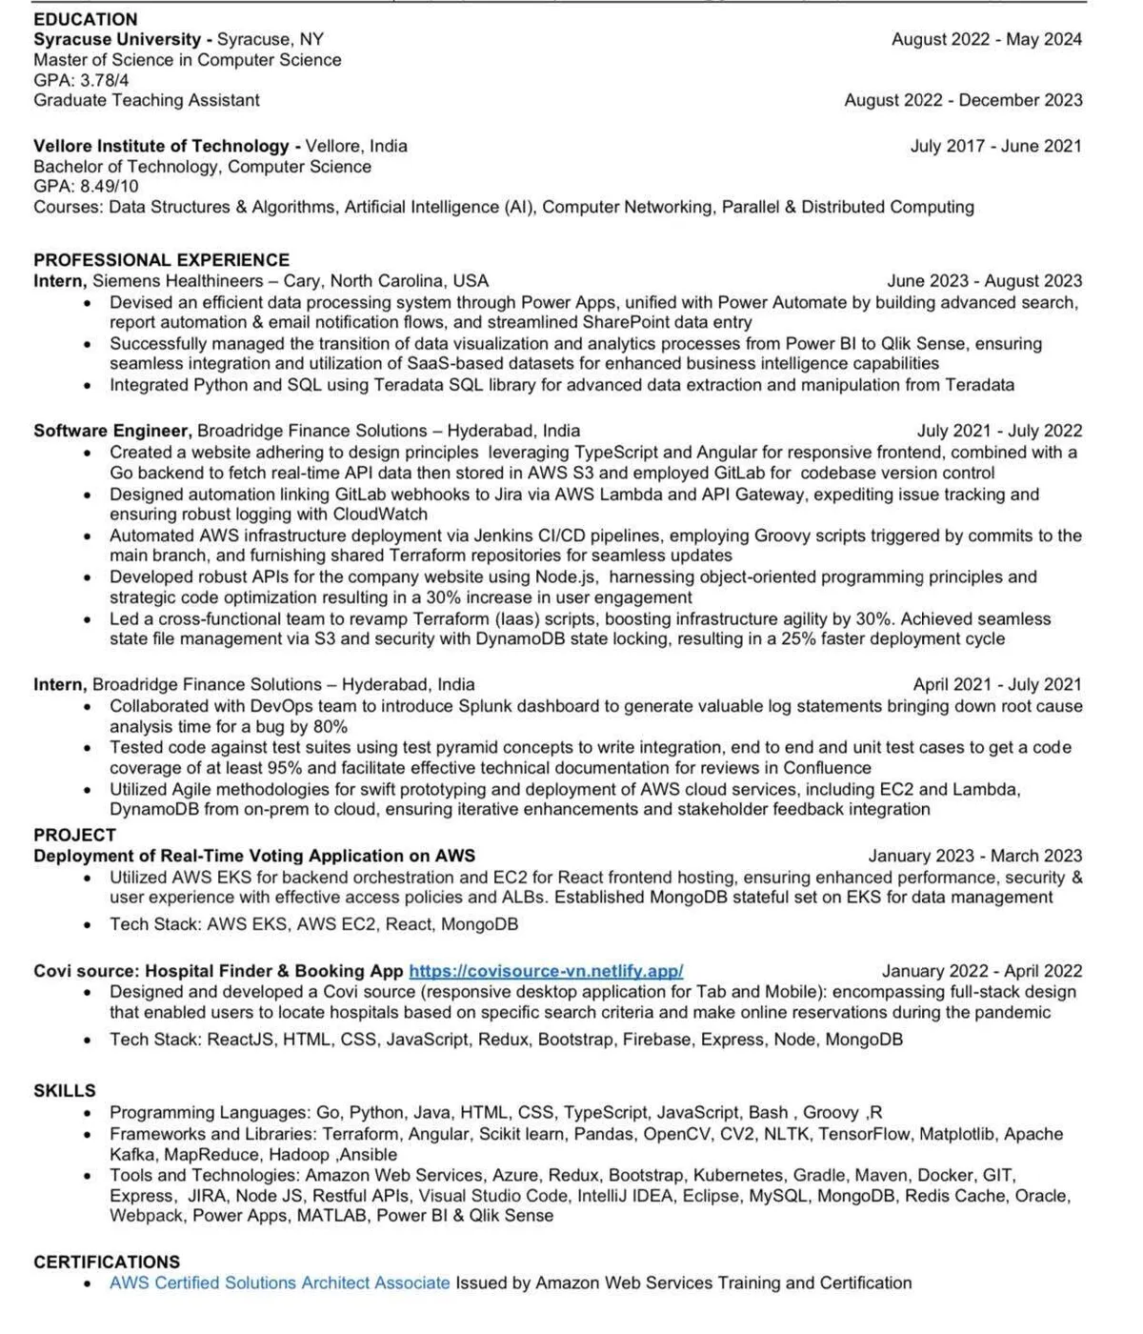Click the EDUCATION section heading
(x=86, y=19)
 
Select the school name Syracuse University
(x=117, y=40)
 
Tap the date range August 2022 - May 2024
(x=986, y=40)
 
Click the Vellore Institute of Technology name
(x=161, y=147)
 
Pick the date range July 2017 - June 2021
(x=995, y=147)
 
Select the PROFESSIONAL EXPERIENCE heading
(x=161, y=260)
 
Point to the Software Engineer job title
(x=112, y=431)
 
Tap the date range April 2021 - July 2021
(x=997, y=685)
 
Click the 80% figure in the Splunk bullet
(x=330, y=727)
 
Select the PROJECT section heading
(x=74, y=836)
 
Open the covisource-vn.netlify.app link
(x=546, y=971)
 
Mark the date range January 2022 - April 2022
(x=981, y=971)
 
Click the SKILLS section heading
(x=65, y=1091)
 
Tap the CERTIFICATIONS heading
(x=107, y=1263)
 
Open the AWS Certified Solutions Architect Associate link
(x=279, y=1283)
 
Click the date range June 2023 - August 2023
(x=984, y=281)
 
